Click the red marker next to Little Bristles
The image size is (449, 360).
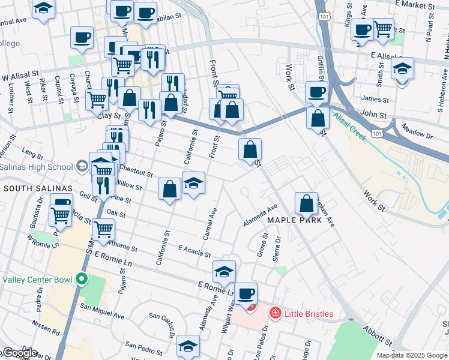coord(275,313)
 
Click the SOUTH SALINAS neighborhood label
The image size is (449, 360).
coord(38,188)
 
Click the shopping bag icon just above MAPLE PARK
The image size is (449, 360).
coord(307,204)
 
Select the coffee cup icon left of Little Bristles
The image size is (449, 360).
coord(246,294)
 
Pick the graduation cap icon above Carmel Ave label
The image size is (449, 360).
coord(193,183)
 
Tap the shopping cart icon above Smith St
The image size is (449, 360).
coord(382,28)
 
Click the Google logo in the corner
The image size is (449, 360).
coord(19,353)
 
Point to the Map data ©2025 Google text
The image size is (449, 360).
coord(412,355)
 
